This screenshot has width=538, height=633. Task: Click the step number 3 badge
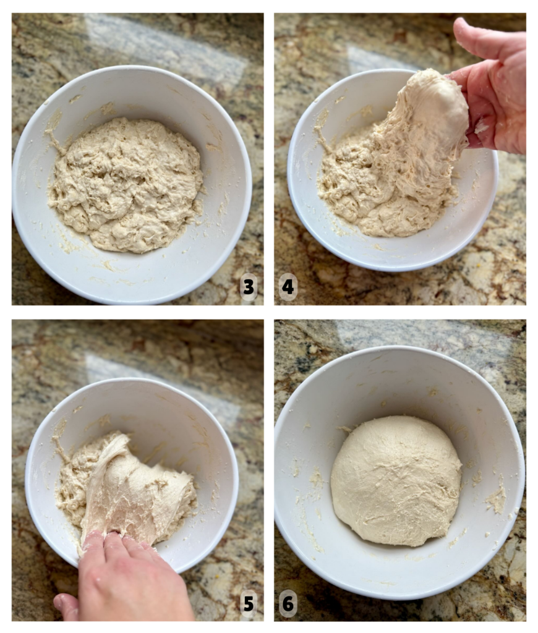[249, 287]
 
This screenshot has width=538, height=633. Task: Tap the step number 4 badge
[288, 287]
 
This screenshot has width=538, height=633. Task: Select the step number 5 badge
[249, 604]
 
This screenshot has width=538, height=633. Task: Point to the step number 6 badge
[288, 604]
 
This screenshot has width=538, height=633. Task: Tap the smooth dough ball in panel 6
[396, 480]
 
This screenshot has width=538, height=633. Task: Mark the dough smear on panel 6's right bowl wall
[497, 496]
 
